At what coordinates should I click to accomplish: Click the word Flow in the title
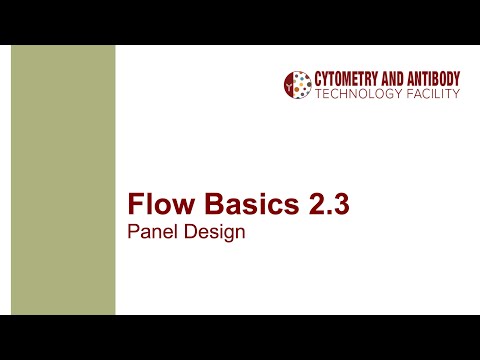(159, 207)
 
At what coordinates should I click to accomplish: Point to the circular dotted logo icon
(297, 86)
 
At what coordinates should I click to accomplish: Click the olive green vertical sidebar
(63, 180)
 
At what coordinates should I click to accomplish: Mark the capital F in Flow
(135, 207)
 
